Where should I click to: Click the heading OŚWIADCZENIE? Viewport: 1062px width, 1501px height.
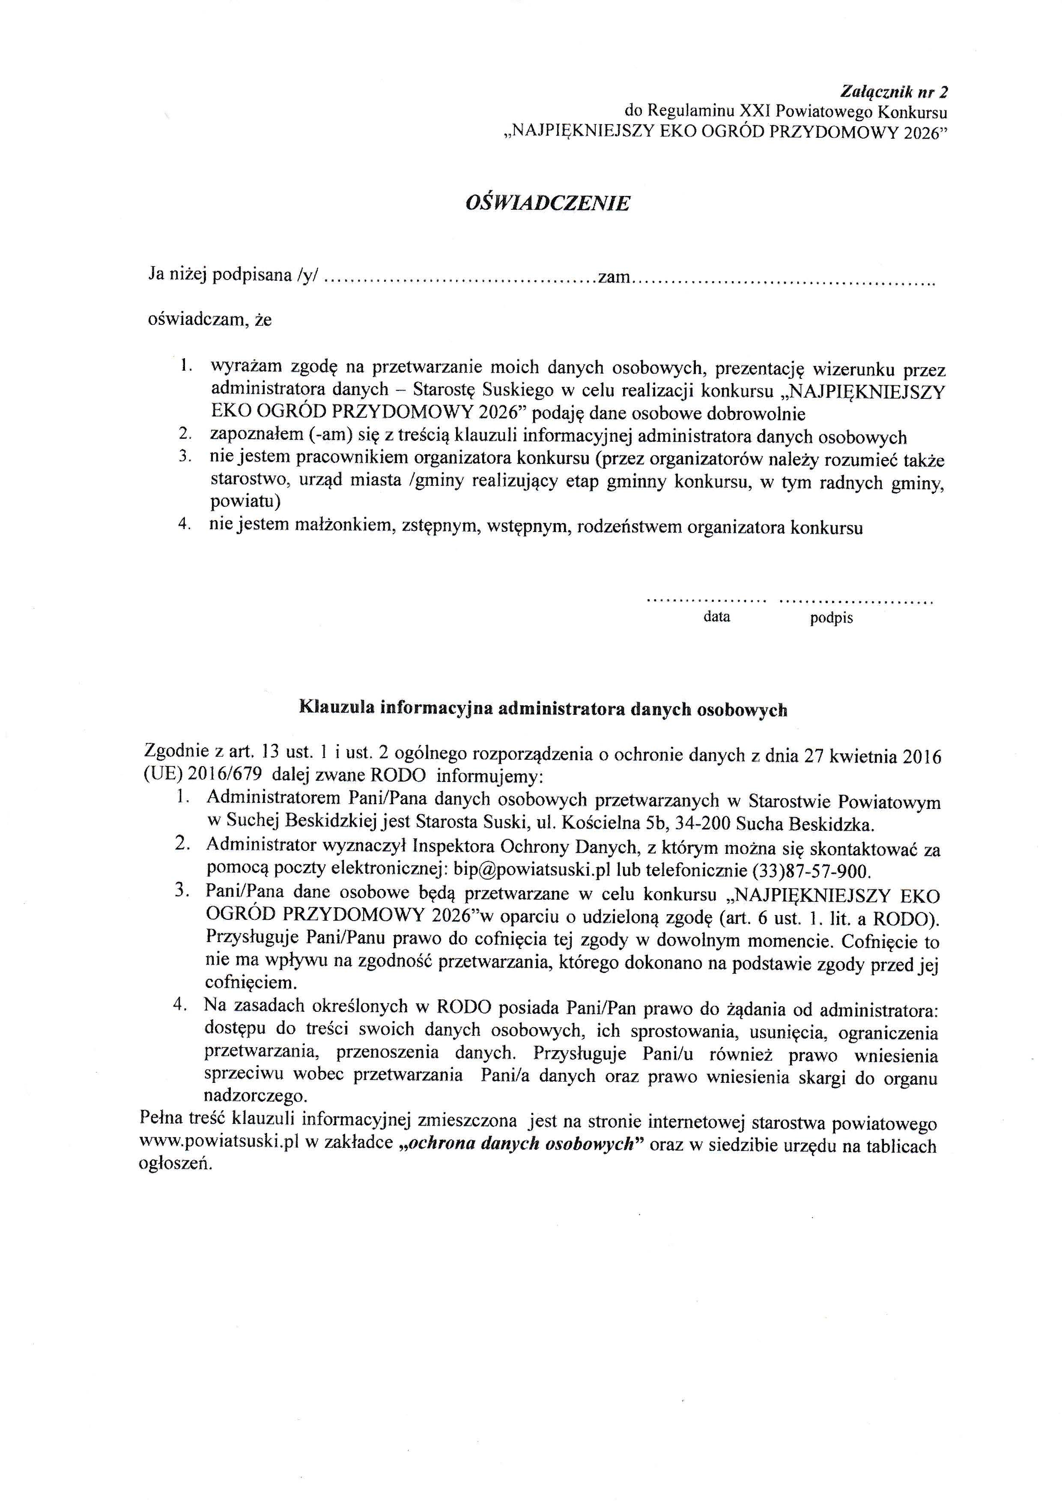pos(547,203)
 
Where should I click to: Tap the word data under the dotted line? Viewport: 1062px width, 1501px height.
pos(717,616)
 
